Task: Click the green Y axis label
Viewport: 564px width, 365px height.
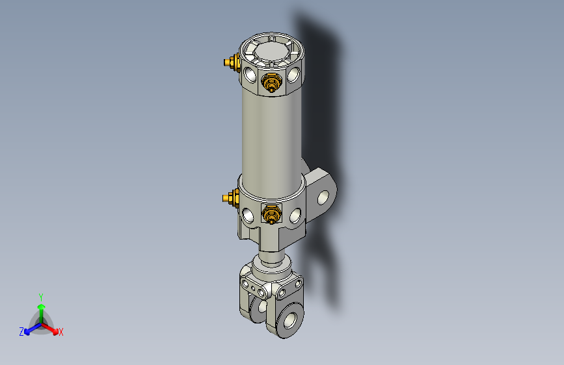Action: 41,296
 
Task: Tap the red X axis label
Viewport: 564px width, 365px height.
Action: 61,332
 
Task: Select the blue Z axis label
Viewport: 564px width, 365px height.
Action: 21,331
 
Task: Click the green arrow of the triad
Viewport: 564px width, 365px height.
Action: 41,308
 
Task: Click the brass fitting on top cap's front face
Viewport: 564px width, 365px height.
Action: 271,83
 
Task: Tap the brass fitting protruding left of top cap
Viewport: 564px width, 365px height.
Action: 230,62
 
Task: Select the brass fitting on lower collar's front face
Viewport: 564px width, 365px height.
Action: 271,213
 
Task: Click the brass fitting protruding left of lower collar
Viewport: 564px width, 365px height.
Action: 229,197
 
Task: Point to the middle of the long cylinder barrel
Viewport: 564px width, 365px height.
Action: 272,136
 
